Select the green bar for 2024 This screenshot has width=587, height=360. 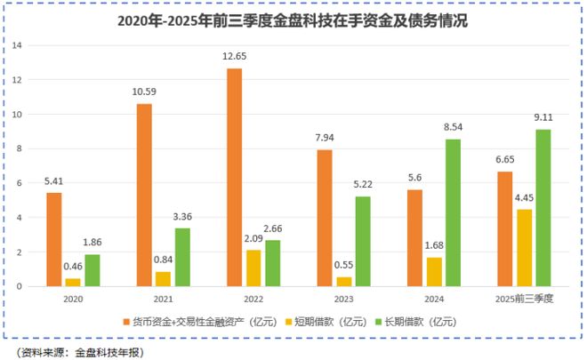[453, 212]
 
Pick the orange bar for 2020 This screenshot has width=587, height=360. [54, 239]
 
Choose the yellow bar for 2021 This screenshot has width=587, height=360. [164, 278]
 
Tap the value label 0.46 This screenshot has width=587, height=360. [73, 267]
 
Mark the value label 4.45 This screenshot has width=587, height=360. [525, 198]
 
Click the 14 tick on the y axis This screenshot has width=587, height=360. [18, 45]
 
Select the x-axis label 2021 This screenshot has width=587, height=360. [164, 300]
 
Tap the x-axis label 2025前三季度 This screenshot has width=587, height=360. [525, 300]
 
